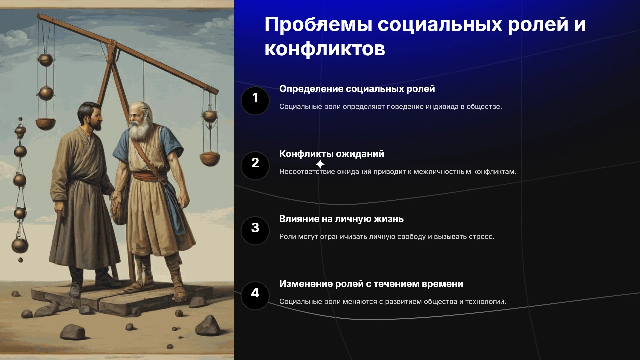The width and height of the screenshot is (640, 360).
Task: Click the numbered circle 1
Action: tap(255, 101)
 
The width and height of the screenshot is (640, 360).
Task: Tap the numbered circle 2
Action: tap(255, 166)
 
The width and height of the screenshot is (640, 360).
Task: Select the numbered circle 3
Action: tap(255, 231)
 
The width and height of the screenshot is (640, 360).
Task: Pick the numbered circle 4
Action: tap(255, 296)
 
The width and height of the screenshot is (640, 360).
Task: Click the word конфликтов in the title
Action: tap(325, 49)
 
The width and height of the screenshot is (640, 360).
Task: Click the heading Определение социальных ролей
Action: tap(357, 89)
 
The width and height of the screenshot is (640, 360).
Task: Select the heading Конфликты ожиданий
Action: tap(332, 154)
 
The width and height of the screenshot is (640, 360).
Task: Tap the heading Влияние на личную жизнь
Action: tap(341, 219)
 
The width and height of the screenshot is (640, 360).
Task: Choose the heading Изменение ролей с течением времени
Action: tap(371, 284)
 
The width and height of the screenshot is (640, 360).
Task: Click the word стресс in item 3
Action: tap(481, 237)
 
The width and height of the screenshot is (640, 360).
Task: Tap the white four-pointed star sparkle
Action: tap(320, 164)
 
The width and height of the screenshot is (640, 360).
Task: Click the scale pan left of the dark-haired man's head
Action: tap(46, 124)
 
